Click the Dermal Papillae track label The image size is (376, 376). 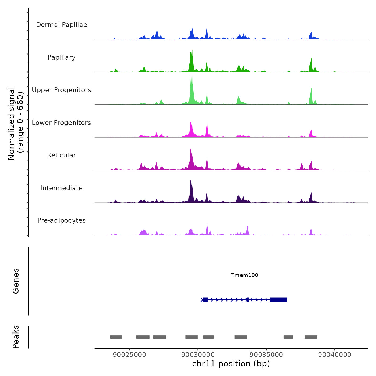pos(62,25)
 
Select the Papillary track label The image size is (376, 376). pos(62,57)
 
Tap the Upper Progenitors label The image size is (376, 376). pos(62,90)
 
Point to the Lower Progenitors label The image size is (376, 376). pos(62,123)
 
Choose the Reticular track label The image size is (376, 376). pos(62,155)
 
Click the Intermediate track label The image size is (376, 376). pos(62,188)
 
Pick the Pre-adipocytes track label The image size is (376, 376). pos(62,220)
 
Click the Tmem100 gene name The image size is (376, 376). pos(244,275)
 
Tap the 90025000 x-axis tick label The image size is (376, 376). pos(129,355)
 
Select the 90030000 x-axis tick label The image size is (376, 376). pos(198,355)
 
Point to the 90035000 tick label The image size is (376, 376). pos(266,355)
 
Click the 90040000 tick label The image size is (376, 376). pos(335,355)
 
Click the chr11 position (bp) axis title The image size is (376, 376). pos(231,364)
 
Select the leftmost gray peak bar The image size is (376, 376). pos(116,337)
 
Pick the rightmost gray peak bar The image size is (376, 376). pos(311,337)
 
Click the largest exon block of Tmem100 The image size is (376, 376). pos(279,300)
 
